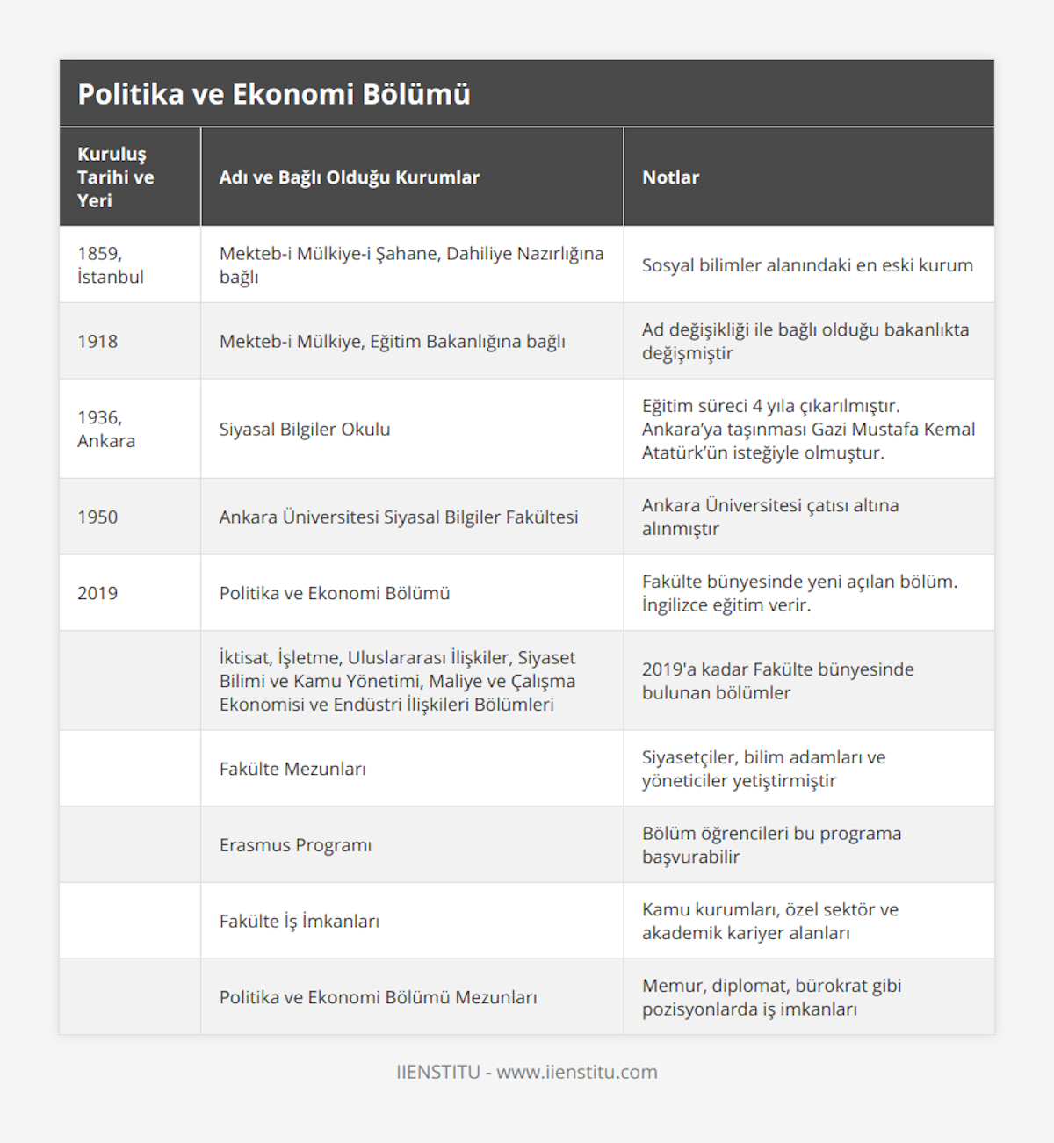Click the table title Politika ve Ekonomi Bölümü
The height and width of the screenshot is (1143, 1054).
[x=274, y=94]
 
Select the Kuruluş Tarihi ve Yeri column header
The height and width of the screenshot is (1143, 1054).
[x=116, y=177]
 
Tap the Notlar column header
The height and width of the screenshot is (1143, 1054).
[x=670, y=177]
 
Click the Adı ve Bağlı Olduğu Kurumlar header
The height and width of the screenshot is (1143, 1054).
[x=350, y=177]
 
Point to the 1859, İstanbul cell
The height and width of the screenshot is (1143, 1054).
[x=111, y=265]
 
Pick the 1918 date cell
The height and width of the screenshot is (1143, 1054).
[x=97, y=342]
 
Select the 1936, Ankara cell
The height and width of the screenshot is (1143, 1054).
[x=106, y=430]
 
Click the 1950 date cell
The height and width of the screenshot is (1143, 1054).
[x=97, y=517]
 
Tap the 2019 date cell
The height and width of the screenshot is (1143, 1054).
[x=97, y=594]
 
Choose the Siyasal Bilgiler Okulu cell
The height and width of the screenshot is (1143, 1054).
[x=305, y=430]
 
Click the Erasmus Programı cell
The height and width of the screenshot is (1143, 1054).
[x=295, y=845]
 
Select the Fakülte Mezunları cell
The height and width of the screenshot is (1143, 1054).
[x=292, y=769]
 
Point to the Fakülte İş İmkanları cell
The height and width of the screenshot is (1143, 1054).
[x=300, y=922]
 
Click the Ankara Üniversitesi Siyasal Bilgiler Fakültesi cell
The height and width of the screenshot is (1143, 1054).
[x=399, y=517]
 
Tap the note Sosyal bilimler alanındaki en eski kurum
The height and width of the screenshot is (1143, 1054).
[x=807, y=265]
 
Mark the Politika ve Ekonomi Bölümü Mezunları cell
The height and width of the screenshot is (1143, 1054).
[x=378, y=998]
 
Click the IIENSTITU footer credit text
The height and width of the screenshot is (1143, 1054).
[x=527, y=1072]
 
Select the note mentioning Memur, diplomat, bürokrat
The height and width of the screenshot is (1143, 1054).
[x=771, y=998]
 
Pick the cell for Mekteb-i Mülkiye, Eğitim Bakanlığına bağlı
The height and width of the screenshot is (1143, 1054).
[x=392, y=342]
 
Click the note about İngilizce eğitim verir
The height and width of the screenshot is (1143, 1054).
[x=799, y=594]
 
